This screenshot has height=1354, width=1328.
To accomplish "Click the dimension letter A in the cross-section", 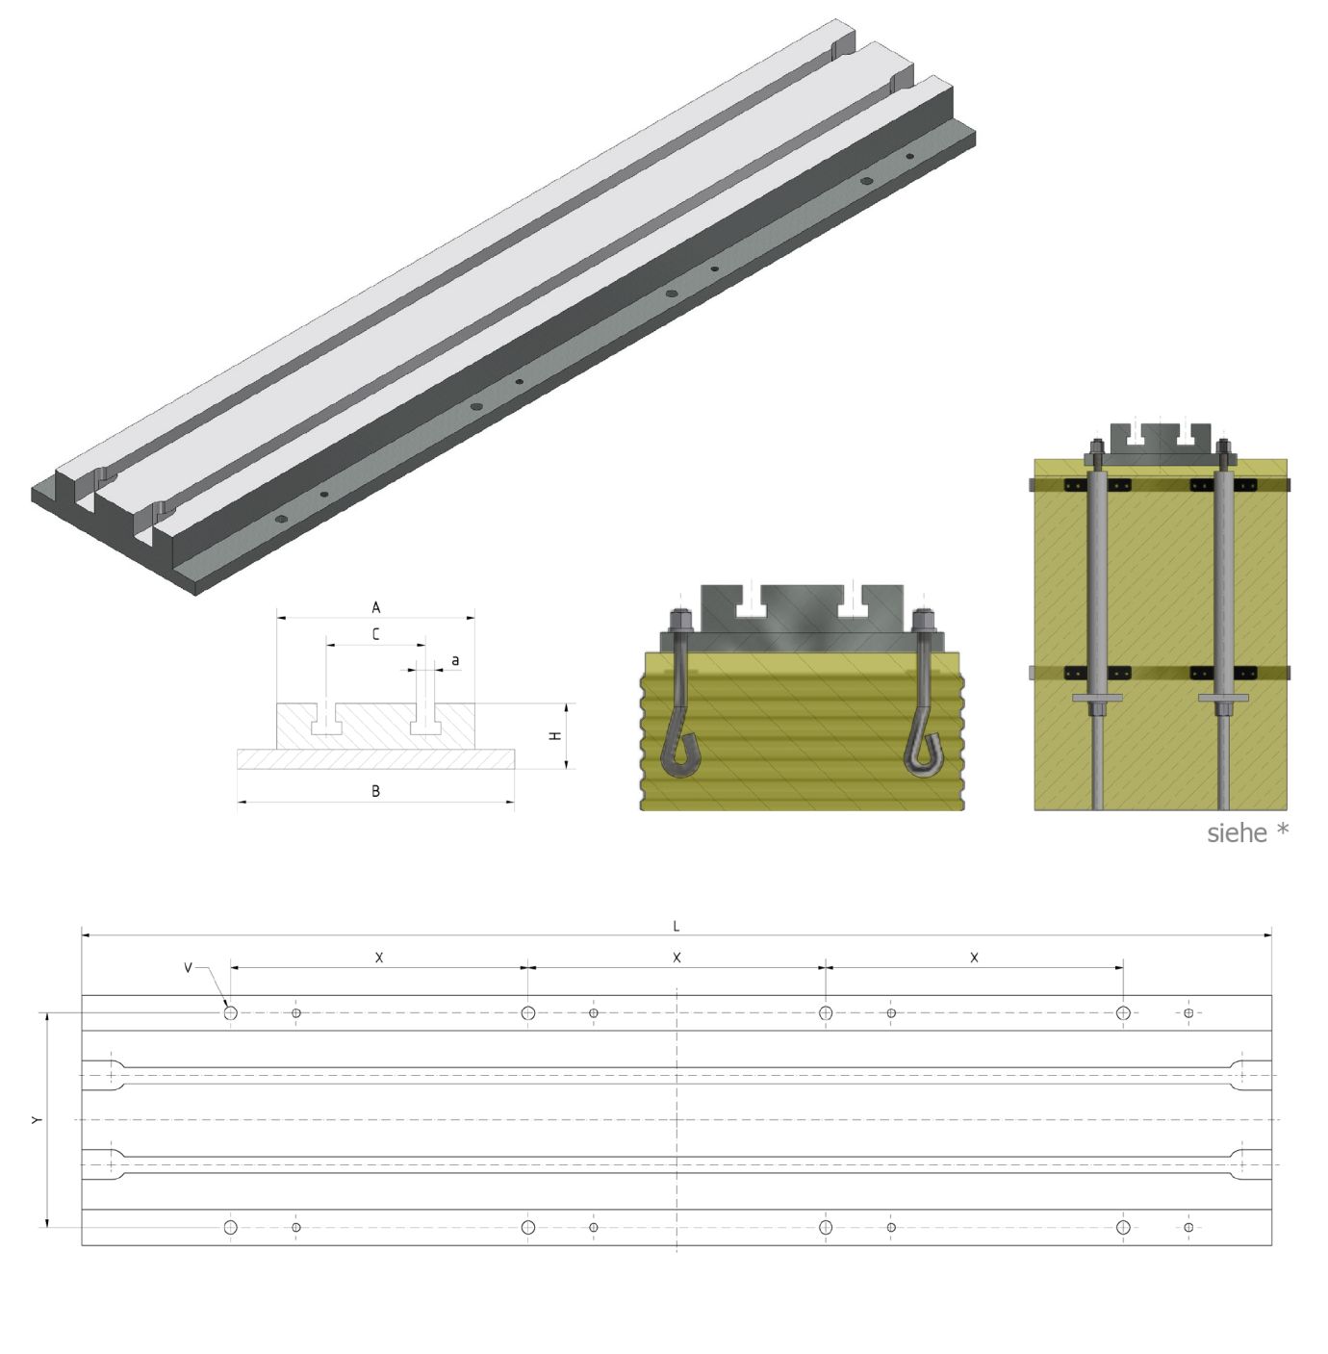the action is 376,607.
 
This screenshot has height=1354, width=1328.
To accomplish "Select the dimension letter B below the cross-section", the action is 376,791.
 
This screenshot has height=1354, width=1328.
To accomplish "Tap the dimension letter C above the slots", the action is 376,634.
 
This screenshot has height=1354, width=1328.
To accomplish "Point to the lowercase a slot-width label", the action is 455,660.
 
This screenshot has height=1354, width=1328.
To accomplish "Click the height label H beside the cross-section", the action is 556,736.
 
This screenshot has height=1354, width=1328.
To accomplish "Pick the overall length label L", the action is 677,927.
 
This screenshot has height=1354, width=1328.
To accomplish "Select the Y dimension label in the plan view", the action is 37,1120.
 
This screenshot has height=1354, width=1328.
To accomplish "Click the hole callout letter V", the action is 188,967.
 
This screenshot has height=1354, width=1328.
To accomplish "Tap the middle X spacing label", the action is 677,958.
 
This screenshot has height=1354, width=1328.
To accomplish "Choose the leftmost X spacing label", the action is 379,958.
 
